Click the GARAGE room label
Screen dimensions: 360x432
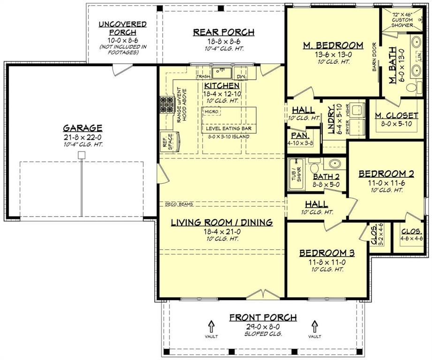(x=83, y=127)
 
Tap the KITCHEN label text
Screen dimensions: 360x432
(x=222, y=86)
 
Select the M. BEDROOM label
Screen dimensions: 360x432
(x=333, y=45)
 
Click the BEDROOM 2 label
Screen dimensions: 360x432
(x=386, y=174)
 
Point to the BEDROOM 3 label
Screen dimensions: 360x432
(x=327, y=253)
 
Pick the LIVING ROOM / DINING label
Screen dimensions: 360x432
(x=221, y=223)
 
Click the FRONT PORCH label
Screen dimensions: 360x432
(x=263, y=318)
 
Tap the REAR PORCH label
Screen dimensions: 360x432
(x=224, y=32)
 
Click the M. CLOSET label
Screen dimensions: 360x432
(x=396, y=115)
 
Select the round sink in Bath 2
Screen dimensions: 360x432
(x=333, y=165)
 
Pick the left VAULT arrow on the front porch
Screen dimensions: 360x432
(x=211, y=325)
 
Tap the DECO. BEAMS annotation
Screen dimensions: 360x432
(x=179, y=204)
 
